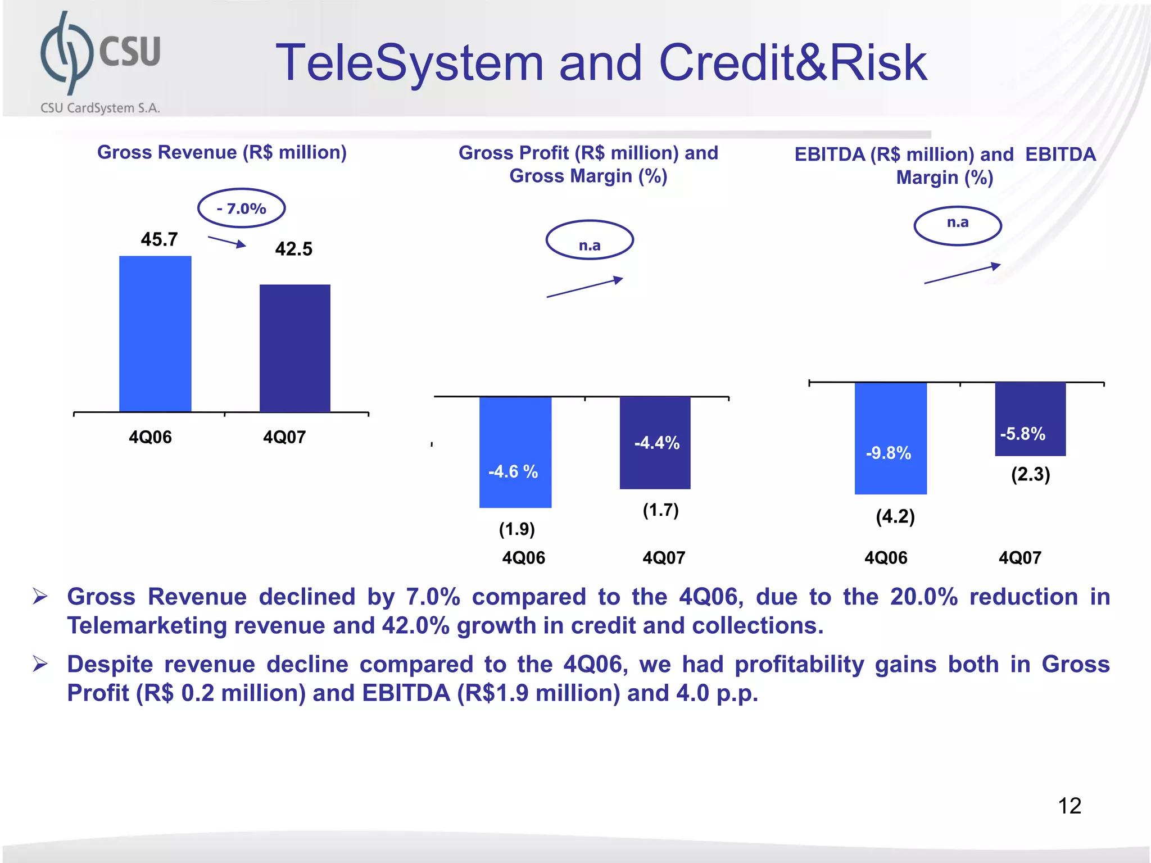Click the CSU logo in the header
(100, 62)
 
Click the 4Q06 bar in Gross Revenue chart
(155, 334)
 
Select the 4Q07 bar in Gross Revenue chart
(294, 348)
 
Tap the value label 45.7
(159, 239)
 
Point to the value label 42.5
(293, 249)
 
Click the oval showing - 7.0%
(242, 208)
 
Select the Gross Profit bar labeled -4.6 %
(515, 452)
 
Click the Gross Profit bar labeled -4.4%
(655, 442)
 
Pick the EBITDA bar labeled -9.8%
(890, 438)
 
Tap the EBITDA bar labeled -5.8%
(1030, 419)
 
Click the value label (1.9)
(516, 529)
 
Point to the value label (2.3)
(1030, 474)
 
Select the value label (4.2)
(895, 516)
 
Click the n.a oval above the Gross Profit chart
(590, 240)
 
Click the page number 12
(1069, 806)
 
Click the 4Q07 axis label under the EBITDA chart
(1019, 557)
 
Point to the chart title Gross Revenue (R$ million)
(222, 152)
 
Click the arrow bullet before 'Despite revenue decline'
(40, 664)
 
